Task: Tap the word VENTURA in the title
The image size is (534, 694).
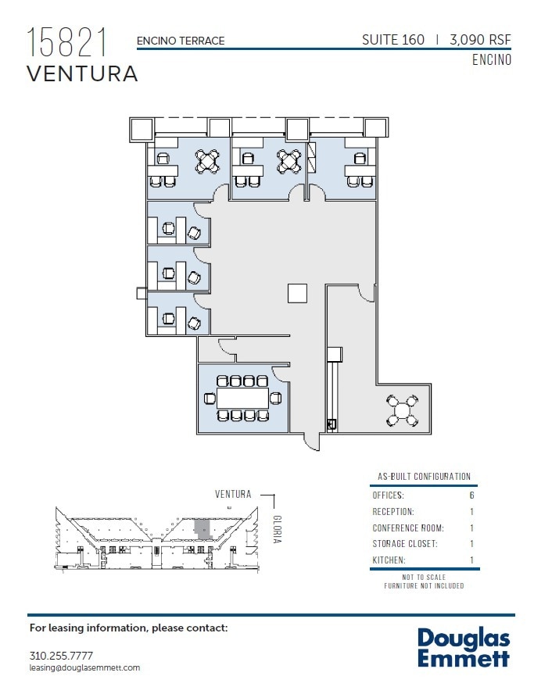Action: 82,74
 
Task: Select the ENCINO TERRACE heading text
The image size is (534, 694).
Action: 181,41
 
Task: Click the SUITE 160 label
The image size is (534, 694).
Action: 393,40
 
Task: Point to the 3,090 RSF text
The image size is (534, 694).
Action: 480,40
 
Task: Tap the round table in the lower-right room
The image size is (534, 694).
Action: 403,410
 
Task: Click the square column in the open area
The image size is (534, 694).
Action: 298,292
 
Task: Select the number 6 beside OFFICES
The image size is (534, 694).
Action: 471,495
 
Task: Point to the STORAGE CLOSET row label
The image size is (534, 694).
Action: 404,544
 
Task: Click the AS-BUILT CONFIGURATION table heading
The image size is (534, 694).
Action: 424,476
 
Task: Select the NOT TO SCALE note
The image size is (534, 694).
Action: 424,577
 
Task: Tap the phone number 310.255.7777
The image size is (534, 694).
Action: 61,655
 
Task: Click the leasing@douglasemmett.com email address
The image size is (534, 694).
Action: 84,667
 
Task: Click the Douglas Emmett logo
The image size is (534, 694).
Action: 463,647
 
